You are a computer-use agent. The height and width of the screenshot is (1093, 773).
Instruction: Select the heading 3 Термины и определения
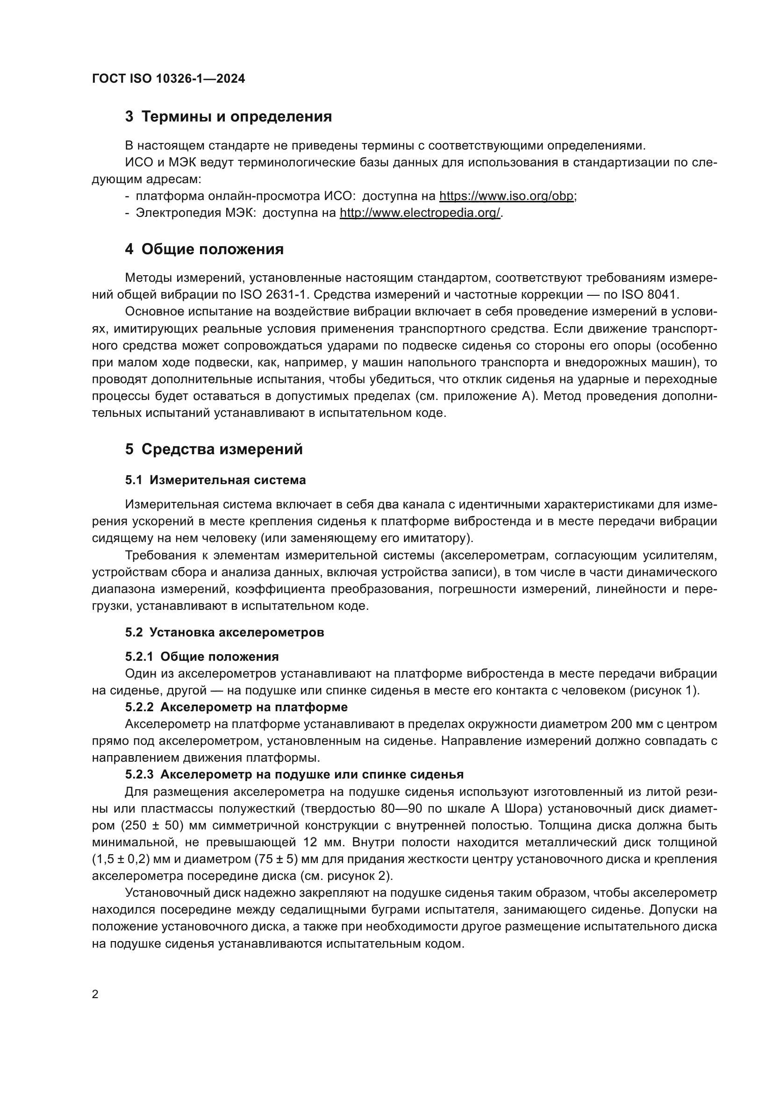[229, 117]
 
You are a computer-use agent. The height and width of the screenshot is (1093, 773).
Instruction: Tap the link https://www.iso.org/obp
[506, 196]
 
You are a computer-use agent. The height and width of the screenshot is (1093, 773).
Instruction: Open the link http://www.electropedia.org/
[420, 213]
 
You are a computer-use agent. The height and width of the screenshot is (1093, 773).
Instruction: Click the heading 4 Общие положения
[204, 249]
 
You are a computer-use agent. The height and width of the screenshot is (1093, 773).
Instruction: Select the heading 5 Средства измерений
[214, 449]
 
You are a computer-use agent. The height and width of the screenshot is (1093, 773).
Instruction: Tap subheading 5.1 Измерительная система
[215, 480]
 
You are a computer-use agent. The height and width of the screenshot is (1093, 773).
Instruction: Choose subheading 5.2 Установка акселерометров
[225, 632]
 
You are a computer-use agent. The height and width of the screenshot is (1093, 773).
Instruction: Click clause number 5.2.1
[139, 657]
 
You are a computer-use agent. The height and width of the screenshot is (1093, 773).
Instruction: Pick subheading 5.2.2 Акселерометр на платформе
[236, 707]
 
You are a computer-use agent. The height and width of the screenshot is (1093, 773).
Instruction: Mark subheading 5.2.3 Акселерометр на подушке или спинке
[294, 774]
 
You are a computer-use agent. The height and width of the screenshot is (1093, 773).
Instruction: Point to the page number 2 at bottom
[95, 994]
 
